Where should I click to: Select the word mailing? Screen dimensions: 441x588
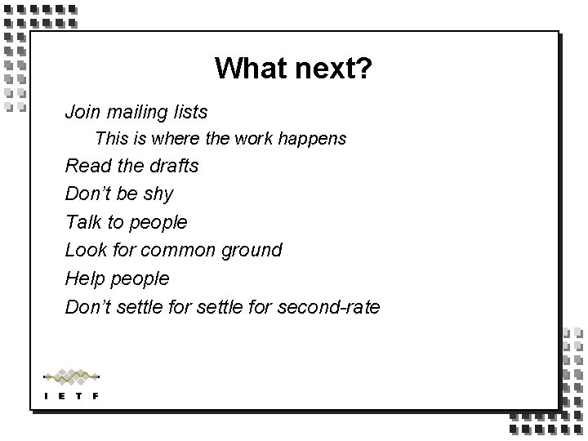click(134, 111)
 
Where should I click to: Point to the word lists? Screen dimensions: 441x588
click(189, 111)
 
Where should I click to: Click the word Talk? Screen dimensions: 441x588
click(83, 222)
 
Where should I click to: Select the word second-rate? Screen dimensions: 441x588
click(329, 307)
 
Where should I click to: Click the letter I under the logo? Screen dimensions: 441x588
click(47, 396)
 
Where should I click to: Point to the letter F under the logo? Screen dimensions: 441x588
click(96, 396)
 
